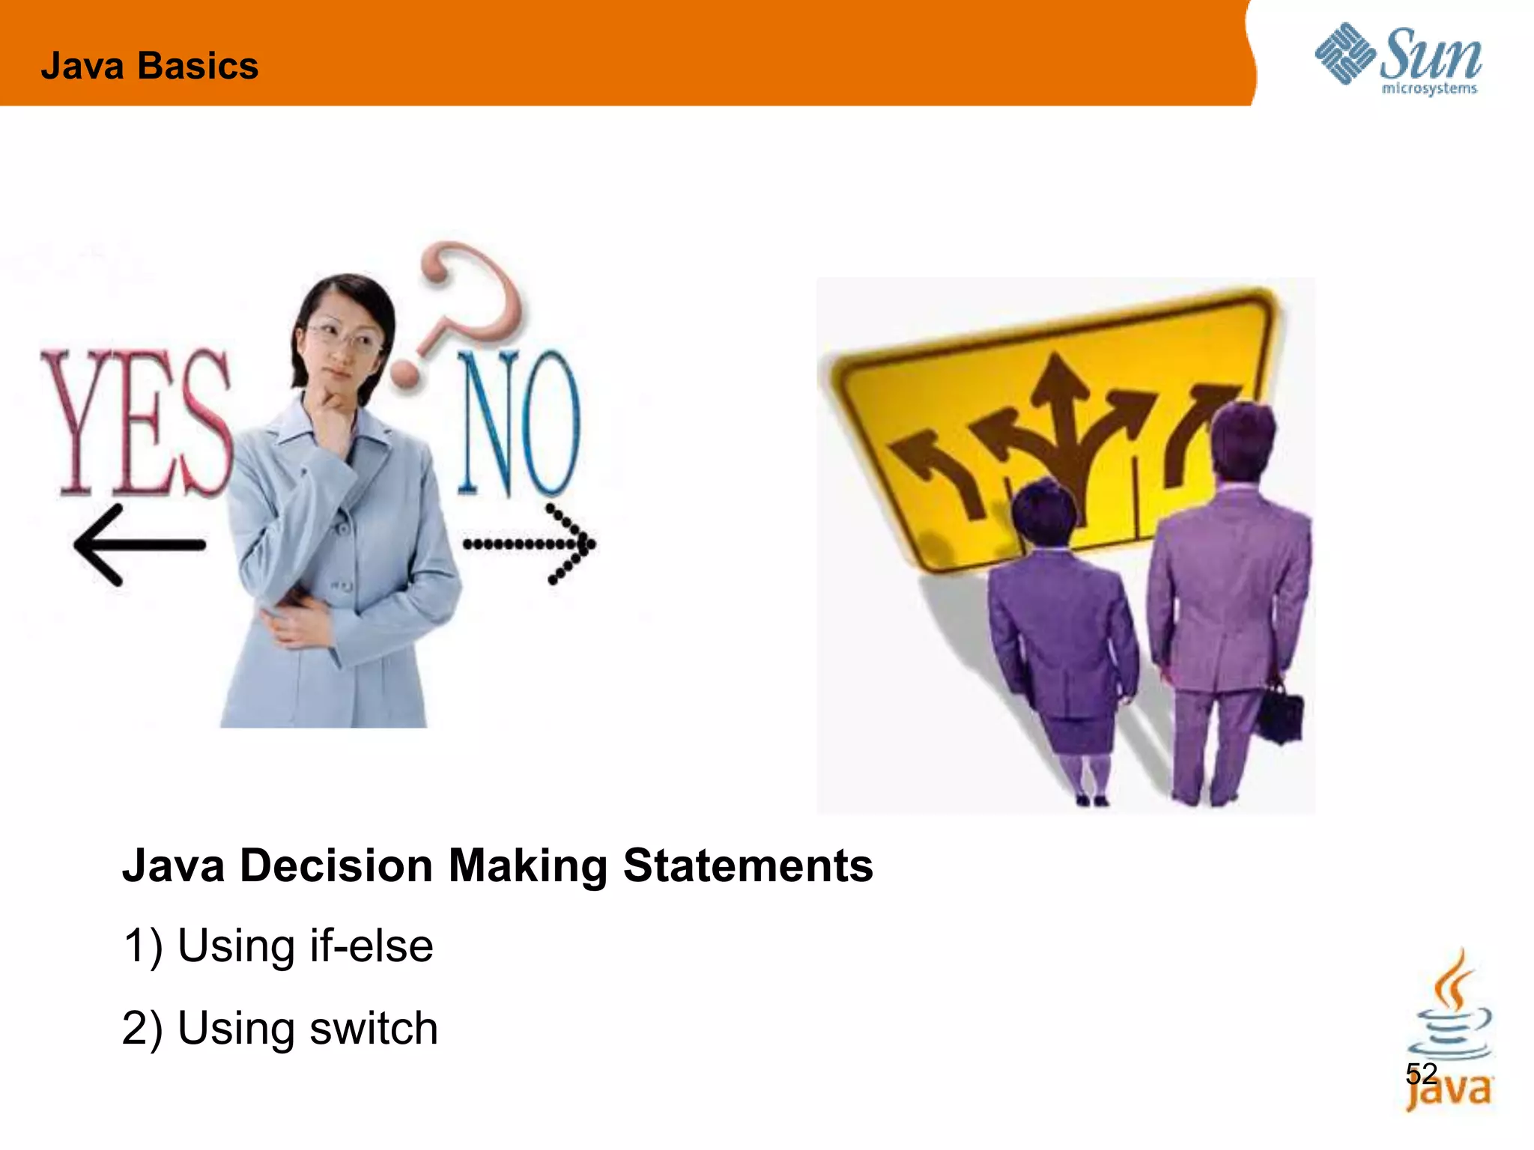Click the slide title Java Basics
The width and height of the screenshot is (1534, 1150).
tap(150, 66)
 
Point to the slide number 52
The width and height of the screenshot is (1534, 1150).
tap(1421, 1074)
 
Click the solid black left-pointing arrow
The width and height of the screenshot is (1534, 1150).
tap(139, 544)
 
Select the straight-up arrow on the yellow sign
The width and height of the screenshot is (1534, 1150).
tap(1060, 419)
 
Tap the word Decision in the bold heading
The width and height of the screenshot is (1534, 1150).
tap(336, 865)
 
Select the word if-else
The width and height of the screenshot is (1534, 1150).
tap(371, 946)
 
